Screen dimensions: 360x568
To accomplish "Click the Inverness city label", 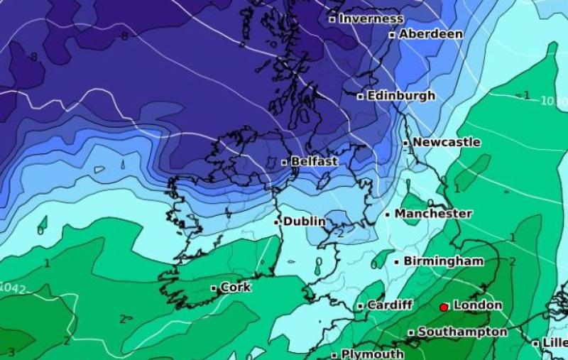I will [x=371, y=19].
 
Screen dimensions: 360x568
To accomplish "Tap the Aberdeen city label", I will [x=431, y=34].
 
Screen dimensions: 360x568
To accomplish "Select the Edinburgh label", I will [x=401, y=95].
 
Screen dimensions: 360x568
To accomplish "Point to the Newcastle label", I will [x=447, y=142].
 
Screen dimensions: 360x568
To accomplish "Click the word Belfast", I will [x=315, y=162].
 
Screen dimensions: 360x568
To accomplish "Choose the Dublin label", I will [x=305, y=222].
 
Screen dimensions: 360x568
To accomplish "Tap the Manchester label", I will [x=433, y=214].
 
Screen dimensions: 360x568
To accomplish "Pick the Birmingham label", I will [x=444, y=261].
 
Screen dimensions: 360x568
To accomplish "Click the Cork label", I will [x=236, y=288].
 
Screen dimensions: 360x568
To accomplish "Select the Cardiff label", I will [x=390, y=305].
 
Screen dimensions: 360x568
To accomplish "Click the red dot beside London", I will [x=444, y=307].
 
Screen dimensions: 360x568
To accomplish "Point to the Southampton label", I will [x=462, y=332].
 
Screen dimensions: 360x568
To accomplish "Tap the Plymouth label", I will [x=373, y=354].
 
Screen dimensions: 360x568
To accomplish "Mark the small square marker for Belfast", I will [x=285, y=163].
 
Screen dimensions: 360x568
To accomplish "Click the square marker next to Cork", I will [x=214, y=288].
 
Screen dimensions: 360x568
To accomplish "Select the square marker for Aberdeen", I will [x=392, y=35].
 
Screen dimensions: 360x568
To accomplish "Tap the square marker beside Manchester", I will [x=388, y=214].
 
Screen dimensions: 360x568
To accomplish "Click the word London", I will [x=478, y=305].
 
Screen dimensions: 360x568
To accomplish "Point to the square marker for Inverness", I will [x=332, y=20].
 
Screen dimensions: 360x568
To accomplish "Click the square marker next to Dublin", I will [x=277, y=222].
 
